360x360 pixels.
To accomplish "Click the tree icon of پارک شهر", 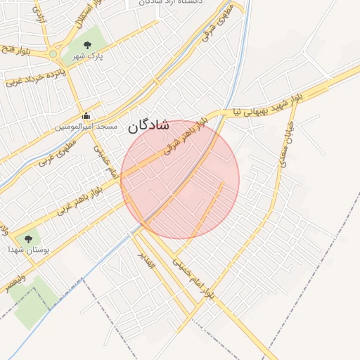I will (87, 46).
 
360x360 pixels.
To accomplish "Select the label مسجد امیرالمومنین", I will (86, 127).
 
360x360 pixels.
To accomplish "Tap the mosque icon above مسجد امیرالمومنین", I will (86, 115).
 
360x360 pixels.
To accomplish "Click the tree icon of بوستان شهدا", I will (28, 238).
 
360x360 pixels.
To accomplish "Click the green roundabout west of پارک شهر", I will (53, 53).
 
